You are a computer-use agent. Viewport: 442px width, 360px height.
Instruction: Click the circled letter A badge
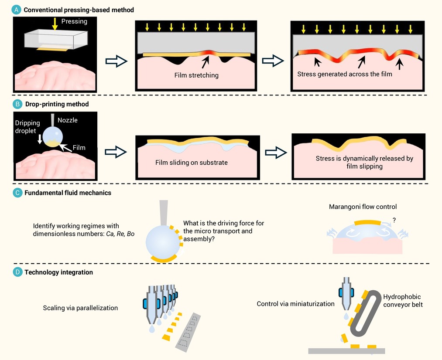coord(17,10)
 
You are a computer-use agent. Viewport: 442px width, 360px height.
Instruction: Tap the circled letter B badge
coord(17,104)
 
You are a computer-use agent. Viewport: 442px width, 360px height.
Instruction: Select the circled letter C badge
coord(17,193)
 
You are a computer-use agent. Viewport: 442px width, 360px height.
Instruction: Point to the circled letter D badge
coord(17,272)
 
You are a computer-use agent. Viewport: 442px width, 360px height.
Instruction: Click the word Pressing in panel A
coord(75,21)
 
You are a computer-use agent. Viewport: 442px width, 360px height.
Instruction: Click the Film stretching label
coord(196,75)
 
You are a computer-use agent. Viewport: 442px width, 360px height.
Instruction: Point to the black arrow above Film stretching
coord(206,62)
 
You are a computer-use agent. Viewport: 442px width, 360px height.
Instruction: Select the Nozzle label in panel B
coord(68,120)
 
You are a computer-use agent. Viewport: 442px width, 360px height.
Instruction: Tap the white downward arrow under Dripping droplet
coord(40,139)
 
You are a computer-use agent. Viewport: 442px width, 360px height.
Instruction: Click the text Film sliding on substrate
coord(192,163)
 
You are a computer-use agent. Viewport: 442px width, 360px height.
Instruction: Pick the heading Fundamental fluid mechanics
coord(68,193)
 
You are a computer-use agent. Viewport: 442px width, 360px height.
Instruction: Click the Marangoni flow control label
coord(363,207)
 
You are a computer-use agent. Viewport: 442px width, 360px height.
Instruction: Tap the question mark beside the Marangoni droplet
coord(394,220)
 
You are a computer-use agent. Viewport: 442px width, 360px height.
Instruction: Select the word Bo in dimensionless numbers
coord(130,234)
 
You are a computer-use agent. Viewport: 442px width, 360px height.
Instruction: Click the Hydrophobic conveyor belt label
coord(403,301)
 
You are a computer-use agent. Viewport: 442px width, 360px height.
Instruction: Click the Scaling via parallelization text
coord(80,308)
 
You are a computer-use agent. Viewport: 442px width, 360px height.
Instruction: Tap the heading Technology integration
coord(58,272)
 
